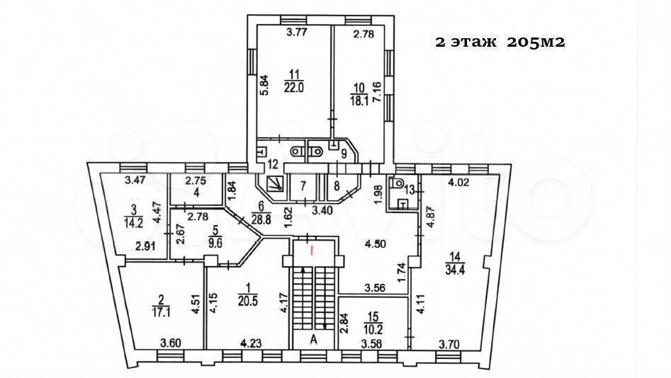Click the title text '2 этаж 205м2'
[500, 42]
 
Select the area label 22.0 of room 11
[293, 87]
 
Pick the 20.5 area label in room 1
[248, 301]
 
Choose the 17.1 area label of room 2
[161, 312]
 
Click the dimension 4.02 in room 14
[459, 183]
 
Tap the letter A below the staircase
[314, 340]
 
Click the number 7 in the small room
[303, 186]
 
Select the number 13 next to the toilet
[410, 190]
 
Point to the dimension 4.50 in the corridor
[376, 244]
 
